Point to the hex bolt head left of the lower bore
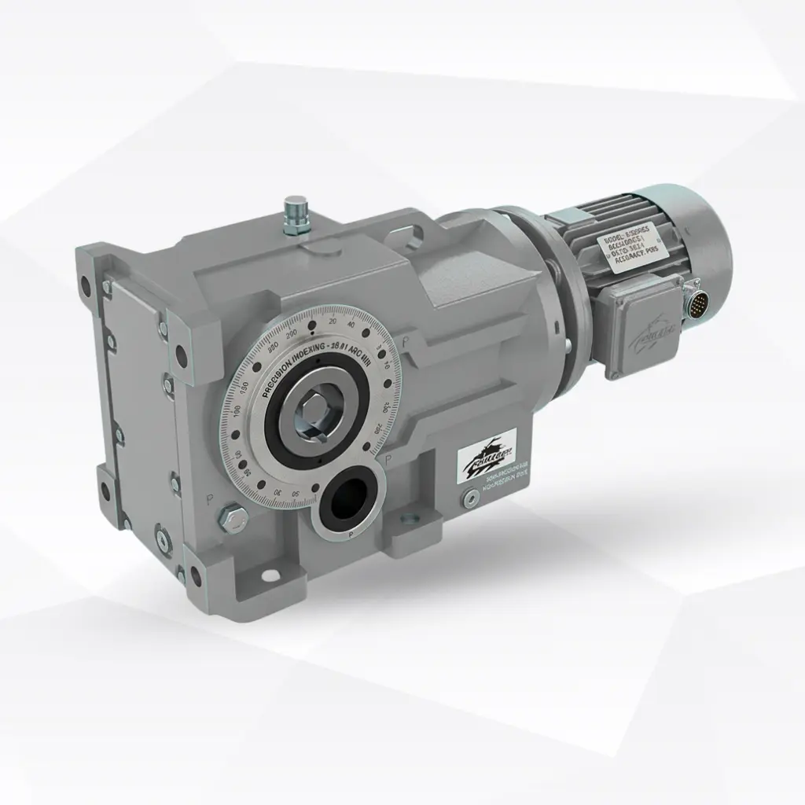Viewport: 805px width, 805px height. coord(233,517)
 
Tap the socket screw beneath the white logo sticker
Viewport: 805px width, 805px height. coord(469,497)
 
